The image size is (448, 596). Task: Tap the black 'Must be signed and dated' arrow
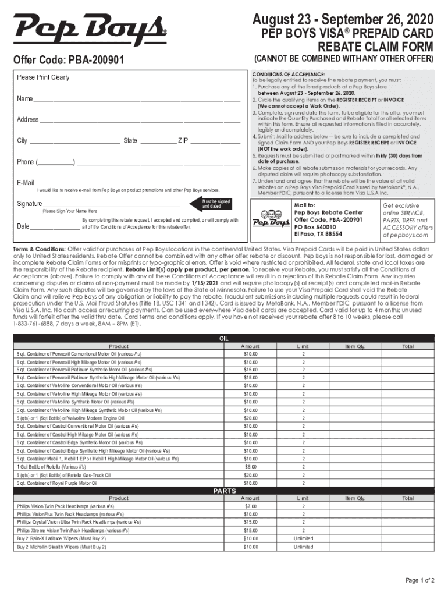click(212, 204)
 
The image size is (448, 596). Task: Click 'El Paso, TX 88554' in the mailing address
click(318, 235)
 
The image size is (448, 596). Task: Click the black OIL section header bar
click(223, 338)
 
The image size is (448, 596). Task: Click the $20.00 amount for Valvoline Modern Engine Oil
click(250, 418)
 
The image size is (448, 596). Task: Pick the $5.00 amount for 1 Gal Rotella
click(250, 466)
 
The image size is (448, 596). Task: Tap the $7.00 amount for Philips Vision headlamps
click(250, 506)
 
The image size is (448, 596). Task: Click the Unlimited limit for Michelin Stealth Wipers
click(303, 547)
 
